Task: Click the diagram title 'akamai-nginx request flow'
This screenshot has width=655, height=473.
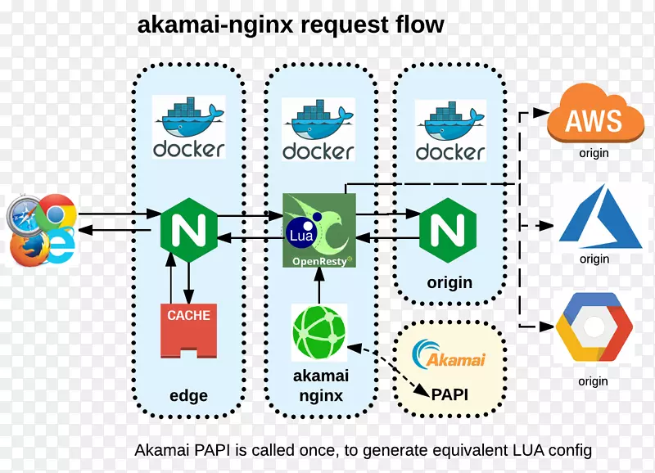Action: click(291, 24)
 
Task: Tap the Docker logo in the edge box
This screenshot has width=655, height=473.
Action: click(188, 128)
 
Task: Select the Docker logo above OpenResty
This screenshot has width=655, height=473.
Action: click(318, 130)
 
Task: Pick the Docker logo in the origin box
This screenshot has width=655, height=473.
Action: click(450, 131)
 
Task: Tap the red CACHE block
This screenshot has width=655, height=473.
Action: click(189, 330)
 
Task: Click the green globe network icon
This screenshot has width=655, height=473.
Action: click(319, 331)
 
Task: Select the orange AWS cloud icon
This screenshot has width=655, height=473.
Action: click(595, 119)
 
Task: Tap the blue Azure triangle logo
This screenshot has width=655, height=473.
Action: click(600, 220)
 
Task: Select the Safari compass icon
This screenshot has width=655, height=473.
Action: click(26, 217)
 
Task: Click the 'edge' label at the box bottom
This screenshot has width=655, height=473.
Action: click(188, 395)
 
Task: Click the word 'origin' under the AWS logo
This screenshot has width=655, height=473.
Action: click(594, 153)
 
